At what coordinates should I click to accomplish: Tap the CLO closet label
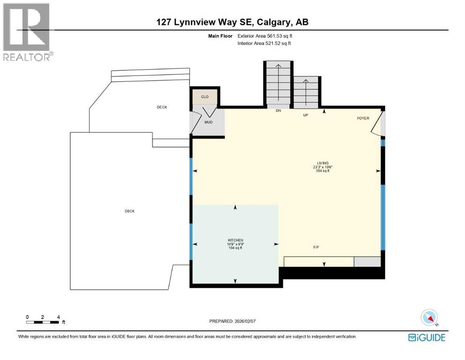click(205, 97)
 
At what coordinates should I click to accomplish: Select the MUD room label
click(208, 122)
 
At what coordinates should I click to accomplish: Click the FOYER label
click(363, 118)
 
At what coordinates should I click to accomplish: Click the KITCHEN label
click(236, 240)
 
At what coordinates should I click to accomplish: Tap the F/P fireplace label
click(317, 247)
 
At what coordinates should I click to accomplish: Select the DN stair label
click(278, 111)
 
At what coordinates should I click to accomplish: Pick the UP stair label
click(305, 114)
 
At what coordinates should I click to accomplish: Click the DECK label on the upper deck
click(162, 107)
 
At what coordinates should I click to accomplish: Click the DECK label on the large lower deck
click(130, 211)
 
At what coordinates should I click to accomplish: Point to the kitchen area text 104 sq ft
click(236, 248)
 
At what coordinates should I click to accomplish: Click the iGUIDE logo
click(427, 337)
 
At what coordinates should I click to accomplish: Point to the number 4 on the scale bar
click(58, 317)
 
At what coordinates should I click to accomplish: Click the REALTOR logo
click(27, 32)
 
